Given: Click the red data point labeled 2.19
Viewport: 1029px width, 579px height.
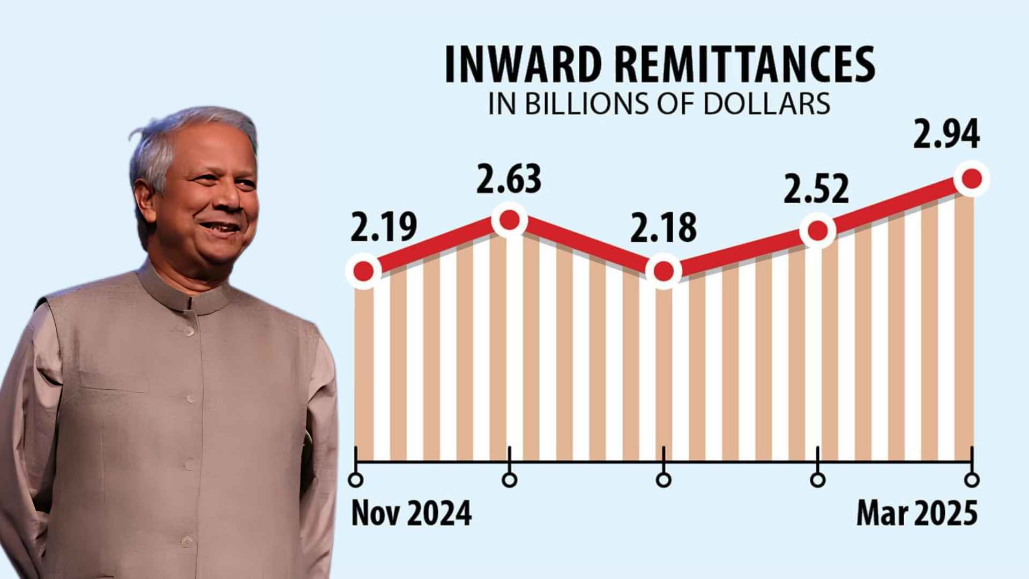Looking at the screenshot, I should [364, 271].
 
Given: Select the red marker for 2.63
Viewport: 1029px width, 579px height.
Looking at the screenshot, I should [509, 219].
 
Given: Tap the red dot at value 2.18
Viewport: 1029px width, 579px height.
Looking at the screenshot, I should [663, 271].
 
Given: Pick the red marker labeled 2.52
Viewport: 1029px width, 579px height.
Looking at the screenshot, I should [818, 231].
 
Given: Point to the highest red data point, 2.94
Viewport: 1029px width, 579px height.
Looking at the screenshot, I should [972, 179].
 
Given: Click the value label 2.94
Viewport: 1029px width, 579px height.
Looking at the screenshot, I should [946, 134].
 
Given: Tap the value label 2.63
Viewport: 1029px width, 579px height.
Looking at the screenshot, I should [509, 179].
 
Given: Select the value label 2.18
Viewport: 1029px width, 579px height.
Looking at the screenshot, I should [663, 228].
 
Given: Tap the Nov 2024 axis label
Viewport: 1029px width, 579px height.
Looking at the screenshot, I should [411, 513].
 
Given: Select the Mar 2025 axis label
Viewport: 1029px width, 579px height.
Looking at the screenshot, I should [917, 513].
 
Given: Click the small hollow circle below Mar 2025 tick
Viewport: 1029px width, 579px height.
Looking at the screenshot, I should [972, 479].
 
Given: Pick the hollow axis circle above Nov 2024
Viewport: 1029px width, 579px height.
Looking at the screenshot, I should [355, 479].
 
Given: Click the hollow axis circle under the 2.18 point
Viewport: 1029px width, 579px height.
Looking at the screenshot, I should [663, 479].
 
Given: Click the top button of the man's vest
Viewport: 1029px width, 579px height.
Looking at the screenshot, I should [189, 331].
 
